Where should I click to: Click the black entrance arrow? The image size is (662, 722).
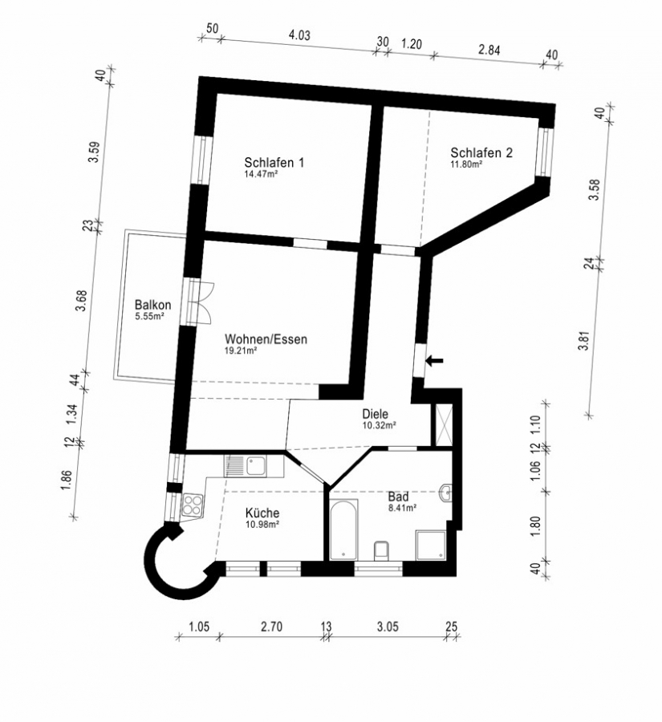coord(434,360)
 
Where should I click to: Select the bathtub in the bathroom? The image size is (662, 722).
coord(344,529)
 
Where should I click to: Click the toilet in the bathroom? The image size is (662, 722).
coord(381,550)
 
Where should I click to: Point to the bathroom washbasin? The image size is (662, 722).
coord(446,493)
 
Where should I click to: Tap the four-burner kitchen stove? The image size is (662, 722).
coord(193,505)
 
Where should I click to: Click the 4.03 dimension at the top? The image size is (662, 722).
coord(299,35)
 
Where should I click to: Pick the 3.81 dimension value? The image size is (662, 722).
coord(584,341)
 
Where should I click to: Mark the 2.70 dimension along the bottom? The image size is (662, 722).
coord(271,627)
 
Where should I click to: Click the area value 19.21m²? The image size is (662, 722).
coord(241,351)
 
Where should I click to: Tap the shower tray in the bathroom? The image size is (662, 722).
coord(431,546)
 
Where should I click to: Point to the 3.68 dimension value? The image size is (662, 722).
coord(82,301)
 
